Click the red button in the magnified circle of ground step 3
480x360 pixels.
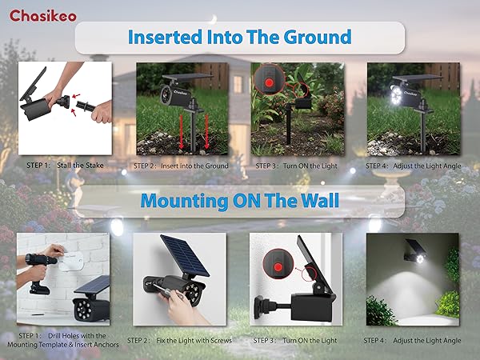point(270,80)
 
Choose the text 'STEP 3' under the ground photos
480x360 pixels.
point(266,166)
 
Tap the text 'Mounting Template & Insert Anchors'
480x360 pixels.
point(66,345)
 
